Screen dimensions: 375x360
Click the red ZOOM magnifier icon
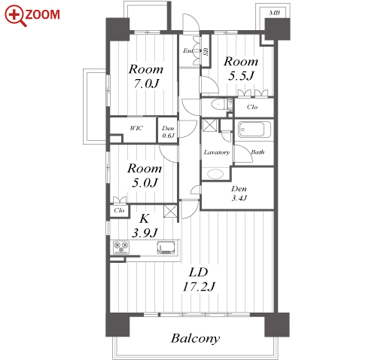coord(16,16)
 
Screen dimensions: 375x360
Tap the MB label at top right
coord(274,13)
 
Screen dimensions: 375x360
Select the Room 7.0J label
coord(146,76)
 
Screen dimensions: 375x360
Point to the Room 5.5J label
coord(241,69)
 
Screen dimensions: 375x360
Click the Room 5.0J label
coord(145,175)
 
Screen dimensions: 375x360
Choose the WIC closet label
coord(136,128)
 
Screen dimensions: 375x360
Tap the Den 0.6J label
coord(168,132)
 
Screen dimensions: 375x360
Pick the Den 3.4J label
coord(239,194)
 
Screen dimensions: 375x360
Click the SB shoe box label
coord(206,51)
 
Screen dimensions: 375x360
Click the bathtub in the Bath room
coord(255,130)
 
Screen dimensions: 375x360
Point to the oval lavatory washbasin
coord(215,174)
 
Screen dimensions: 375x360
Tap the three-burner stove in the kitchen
coord(121,247)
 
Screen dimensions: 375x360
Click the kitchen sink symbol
coord(166,247)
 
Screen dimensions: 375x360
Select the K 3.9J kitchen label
coord(145,226)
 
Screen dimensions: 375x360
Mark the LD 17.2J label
coord(199,279)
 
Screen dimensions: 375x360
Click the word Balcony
coord(195,339)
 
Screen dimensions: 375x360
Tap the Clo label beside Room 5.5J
coord(252,107)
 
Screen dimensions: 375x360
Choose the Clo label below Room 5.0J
coord(119,210)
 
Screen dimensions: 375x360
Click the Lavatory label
coord(217,152)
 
